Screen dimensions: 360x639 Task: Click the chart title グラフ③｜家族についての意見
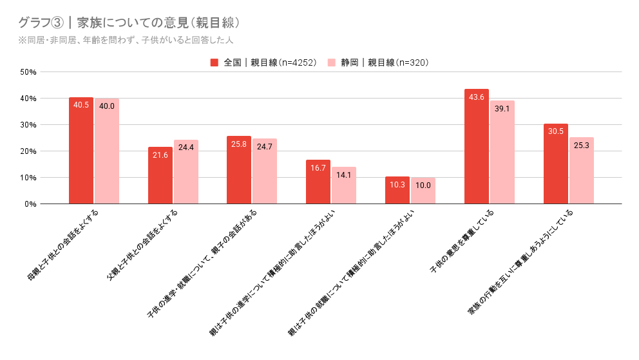pos(129,23)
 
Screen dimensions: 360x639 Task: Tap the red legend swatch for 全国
pos(215,62)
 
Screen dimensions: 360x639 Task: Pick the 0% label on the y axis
pos(30,204)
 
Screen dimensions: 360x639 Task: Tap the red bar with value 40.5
pos(81,151)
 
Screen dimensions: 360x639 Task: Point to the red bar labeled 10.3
pos(397,191)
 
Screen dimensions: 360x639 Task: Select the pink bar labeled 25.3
pos(581,171)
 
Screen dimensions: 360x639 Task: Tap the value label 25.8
pos(239,144)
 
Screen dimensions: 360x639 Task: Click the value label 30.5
pos(555,131)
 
